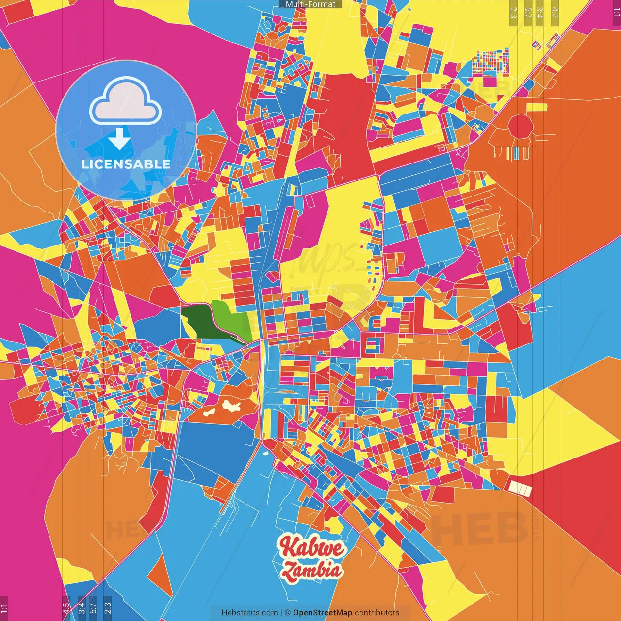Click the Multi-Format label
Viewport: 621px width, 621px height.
tap(310, 4)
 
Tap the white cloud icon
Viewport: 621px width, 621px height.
tap(126, 102)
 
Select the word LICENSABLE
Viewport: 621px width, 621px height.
tap(126, 164)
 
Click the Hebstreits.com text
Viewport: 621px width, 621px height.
tap(249, 613)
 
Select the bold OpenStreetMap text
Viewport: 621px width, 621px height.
tap(323, 613)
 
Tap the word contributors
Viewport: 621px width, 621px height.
tap(377, 613)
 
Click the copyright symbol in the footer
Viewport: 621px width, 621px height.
tap(287, 613)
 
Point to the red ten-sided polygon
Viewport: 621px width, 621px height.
tap(521, 127)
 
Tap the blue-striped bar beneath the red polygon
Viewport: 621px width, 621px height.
tap(519, 153)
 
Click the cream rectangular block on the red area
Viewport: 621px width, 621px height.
tap(520, 489)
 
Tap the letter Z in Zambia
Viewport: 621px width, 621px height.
tap(290, 572)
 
